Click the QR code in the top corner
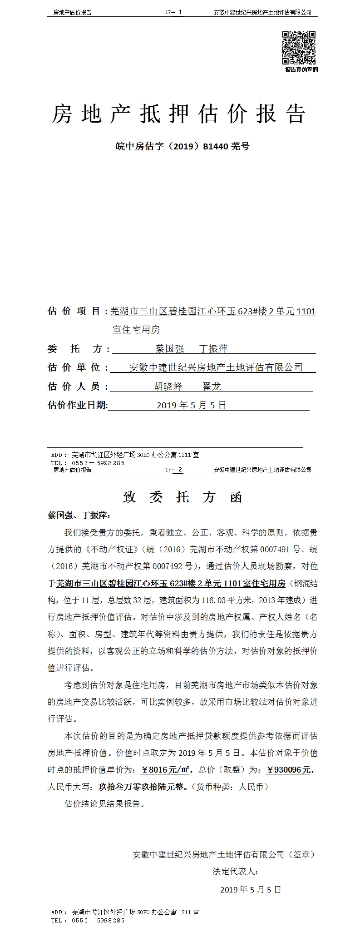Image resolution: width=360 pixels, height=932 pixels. (x=299, y=48)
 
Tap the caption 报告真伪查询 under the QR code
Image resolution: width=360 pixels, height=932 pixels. (x=301, y=69)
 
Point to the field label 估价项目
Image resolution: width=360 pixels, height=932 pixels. (x=74, y=311)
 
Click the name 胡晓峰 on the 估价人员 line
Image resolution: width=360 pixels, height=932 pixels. (x=168, y=387)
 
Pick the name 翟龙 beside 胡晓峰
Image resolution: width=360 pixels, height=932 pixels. (x=212, y=387)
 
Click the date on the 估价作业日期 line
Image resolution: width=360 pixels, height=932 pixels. (x=191, y=405)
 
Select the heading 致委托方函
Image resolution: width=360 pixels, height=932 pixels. (x=182, y=497)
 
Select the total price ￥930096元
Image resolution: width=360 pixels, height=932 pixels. (x=288, y=770)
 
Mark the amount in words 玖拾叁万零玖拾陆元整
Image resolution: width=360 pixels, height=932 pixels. (x=142, y=787)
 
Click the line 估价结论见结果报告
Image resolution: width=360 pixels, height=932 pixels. (x=105, y=803)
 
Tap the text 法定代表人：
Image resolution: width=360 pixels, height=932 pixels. (x=235, y=871)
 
